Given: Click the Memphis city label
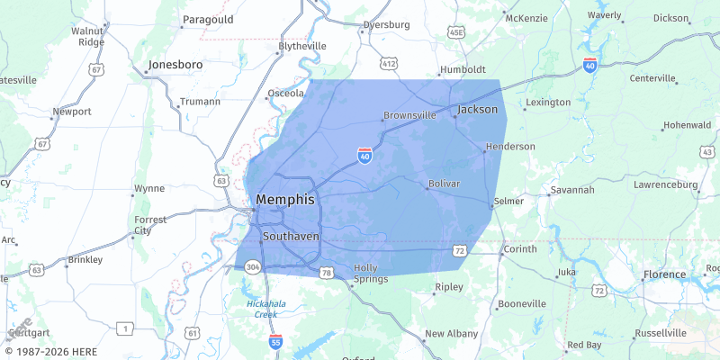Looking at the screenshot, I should tap(285, 200).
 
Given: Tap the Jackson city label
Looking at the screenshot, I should tap(477, 109).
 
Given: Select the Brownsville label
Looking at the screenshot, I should tap(409, 115).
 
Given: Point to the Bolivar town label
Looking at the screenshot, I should tap(444, 183).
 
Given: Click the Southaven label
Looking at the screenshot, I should tap(291, 237).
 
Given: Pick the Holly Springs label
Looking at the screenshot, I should tap(371, 273).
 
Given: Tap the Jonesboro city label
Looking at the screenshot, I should tap(175, 65).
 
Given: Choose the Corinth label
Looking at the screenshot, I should tap(519, 248).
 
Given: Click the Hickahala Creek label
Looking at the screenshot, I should tap(265, 309).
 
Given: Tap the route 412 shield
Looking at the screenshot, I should tap(389, 63).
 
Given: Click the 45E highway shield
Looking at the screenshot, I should tap(456, 32).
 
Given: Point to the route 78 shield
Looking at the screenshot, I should tap(325, 271).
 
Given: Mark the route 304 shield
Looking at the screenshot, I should tap(253, 266).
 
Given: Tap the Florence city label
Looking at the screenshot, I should tap(664, 274).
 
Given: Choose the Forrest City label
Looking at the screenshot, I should tap(149, 225).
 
